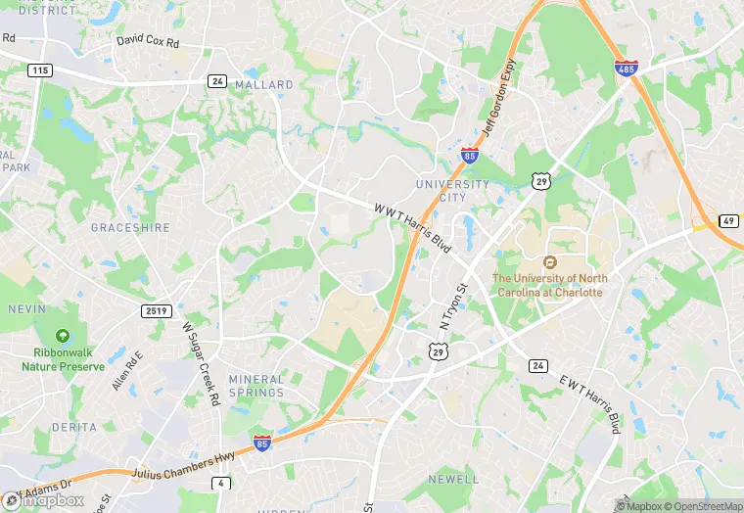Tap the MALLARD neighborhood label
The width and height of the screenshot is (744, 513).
click(263, 85)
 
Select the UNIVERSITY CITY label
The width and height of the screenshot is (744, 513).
click(452, 190)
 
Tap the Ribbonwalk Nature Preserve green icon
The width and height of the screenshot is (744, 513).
click(63, 336)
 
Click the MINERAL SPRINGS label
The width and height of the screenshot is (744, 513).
click(256, 386)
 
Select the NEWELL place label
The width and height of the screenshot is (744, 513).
click(454, 479)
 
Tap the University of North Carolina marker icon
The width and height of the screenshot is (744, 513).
click(549, 262)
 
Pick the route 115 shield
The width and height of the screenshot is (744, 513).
click(39, 70)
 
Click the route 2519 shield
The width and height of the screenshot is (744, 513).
click(156, 311)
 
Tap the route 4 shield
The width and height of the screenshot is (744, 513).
click(222, 483)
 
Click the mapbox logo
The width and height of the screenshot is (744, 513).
click(44, 500)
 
